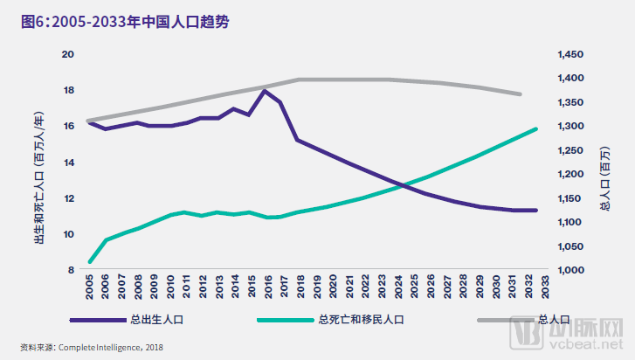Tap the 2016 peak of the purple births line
pos(263,91)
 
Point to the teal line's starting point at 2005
pos(90,261)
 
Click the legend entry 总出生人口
pos(153,321)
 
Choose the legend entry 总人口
pos(554,321)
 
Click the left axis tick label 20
pos(70,54)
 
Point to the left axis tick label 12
pos(70,198)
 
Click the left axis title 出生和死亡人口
pos(40,162)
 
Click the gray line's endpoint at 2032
pos(521,93)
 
